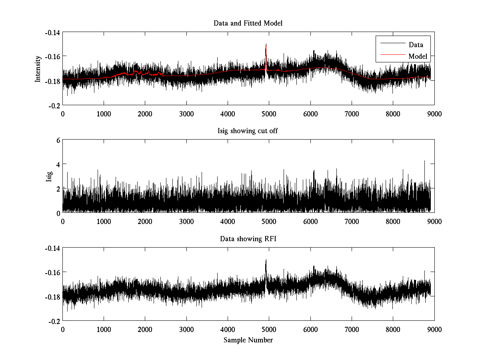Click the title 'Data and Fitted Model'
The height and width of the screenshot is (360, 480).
pyautogui.click(x=248, y=23)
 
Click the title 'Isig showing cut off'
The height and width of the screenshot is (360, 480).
pyautogui.click(x=248, y=131)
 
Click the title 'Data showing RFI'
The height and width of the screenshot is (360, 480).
pyautogui.click(x=248, y=239)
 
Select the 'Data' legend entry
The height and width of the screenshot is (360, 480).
pyautogui.click(x=416, y=45)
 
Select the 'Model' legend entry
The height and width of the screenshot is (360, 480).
pyautogui.click(x=418, y=56)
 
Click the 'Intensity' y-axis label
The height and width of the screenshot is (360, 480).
pyautogui.click(x=38, y=68)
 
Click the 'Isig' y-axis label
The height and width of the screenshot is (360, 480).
pyautogui.click(x=49, y=176)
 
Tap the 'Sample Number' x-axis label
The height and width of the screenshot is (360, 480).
pyautogui.click(x=248, y=340)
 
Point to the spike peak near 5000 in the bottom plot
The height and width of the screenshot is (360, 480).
pyautogui.click(x=266, y=260)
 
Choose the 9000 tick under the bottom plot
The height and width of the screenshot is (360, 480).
pyautogui.click(x=434, y=329)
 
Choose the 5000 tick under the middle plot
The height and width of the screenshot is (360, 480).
pyautogui.click(x=269, y=221)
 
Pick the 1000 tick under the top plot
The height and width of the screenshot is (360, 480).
pyautogui.click(x=104, y=114)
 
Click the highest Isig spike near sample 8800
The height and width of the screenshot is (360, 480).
pyautogui.click(x=424, y=161)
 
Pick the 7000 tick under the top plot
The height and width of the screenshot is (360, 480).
pyautogui.click(x=352, y=114)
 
